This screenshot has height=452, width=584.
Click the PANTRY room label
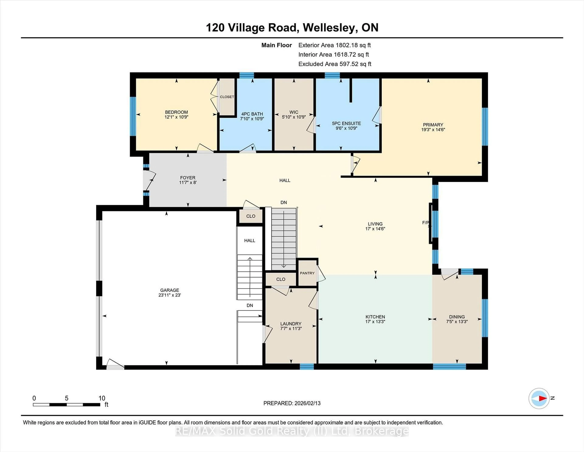pyautogui.click(x=307, y=273)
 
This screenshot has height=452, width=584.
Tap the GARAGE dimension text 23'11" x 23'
pyautogui.click(x=170, y=295)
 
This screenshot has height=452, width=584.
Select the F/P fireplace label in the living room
pyautogui.click(x=425, y=222)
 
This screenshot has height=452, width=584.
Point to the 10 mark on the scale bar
pyautogui.click(x=102, y=398)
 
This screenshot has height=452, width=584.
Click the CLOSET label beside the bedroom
pyautogui.click(x=227, y=97)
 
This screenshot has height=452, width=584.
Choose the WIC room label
pyautogui.click(x=294, y=112)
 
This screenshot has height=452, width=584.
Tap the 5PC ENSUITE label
pyautogui.click(x=346, y=124)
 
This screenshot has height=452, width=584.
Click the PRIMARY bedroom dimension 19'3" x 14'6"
pyautogui.click(x=433, y=130)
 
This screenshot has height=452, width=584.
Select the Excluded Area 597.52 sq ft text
pyautogui.click(x=335, y=64)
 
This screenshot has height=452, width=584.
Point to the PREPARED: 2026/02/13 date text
pyautogui.click(x=292, y=403)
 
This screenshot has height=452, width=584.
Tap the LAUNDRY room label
pyautogui.click(x=291, y=324)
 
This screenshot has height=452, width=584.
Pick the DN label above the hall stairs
pyautogui.click(x=283, y=202)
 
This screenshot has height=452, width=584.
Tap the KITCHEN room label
pyautogui.click(x=375, y=317)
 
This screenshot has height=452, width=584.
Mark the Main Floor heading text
pyautogui.click(x=276, y=45)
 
